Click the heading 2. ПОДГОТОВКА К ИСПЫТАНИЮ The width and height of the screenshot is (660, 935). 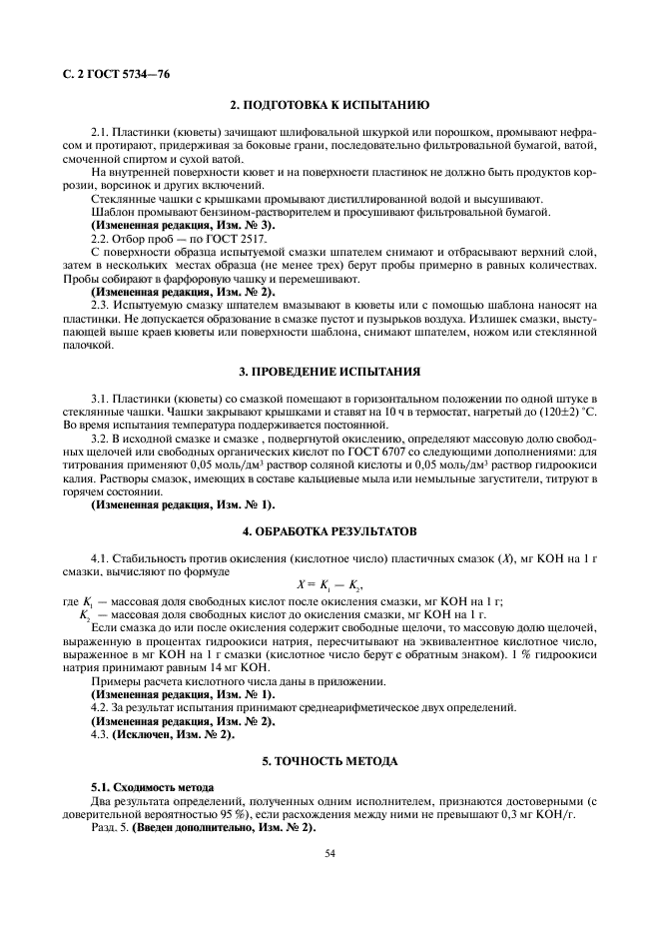coord(330,105)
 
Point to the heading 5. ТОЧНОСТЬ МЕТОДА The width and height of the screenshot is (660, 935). coord(330,761)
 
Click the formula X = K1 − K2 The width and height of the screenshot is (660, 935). coord(329,584)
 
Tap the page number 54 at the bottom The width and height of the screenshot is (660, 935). coord(330,852)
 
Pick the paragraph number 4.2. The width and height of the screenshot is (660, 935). coord(102,707)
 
